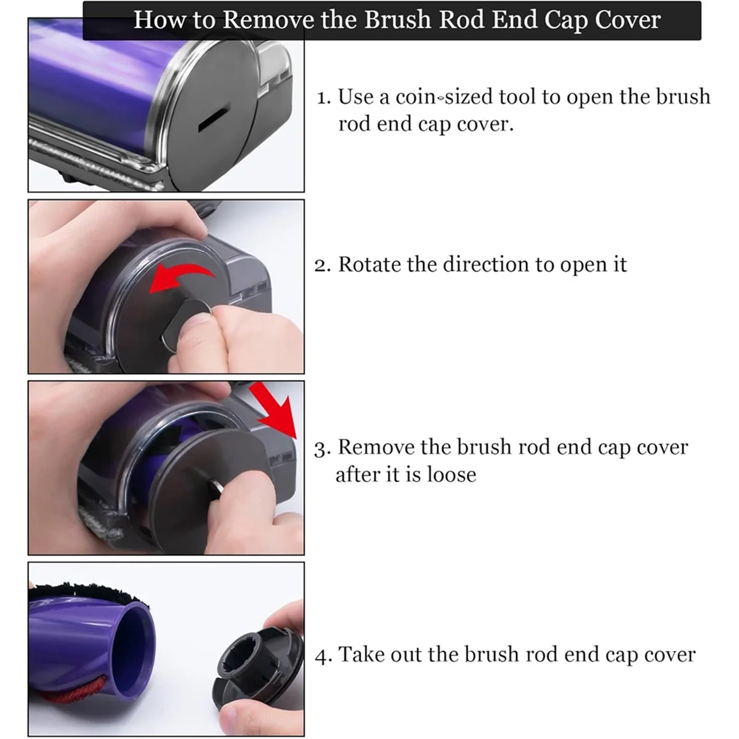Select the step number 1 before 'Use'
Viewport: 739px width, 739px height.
click(x=323, y=97)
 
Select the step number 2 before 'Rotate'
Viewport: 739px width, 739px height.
click(x=323, y=265)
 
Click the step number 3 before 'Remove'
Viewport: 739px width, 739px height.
click(x=323, y=448)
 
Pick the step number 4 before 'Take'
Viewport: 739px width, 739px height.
click(x=323, y=655)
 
